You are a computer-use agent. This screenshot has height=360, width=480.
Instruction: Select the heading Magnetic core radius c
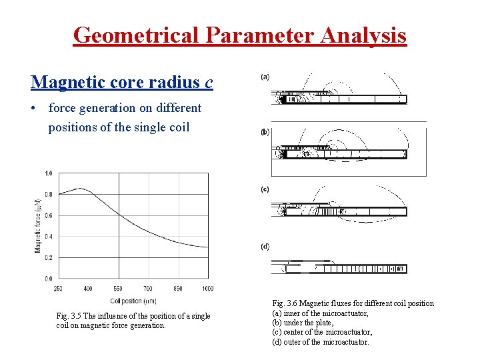pyautogui.click(x=122, y=82)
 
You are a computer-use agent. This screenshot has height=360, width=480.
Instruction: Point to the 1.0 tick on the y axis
pyautogui.click(x=48, y=173)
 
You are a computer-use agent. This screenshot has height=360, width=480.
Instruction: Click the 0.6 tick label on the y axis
pyautogui.click(x=48, y=215)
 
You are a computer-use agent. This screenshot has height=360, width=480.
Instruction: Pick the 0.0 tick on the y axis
pyautogui.click(x=48, y=278)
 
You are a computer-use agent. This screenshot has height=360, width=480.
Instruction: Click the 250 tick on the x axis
pyautogui.click(x=59, y=288)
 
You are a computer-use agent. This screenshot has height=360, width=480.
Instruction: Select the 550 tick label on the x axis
pyautogui.click(x=118, y=288)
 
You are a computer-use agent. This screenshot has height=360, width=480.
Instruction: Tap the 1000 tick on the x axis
pyautogui.click(x=207, y=288)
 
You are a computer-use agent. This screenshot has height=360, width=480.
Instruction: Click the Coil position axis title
pyautogui.click(x=133, y=300)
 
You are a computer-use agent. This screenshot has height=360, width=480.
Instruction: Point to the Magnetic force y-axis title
pyautogui.click(x=38, y=225)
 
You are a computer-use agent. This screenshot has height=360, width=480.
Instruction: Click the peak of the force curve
pyautogui.click(x=80, y=189)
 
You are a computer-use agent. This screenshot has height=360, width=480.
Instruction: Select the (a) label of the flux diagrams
pyautogui.click(x=265, y=77)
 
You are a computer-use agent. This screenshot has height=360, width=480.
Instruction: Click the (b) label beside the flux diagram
pyautogui.click(x=265, y=132)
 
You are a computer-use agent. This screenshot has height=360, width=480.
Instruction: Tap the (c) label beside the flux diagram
pyautogui.click(x=265, y=189)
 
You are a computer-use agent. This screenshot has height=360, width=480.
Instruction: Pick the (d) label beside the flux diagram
pyautogui.click(x=265, y=246)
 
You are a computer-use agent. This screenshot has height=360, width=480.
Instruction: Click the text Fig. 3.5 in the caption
pyautogui.click(x=70, y=316)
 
